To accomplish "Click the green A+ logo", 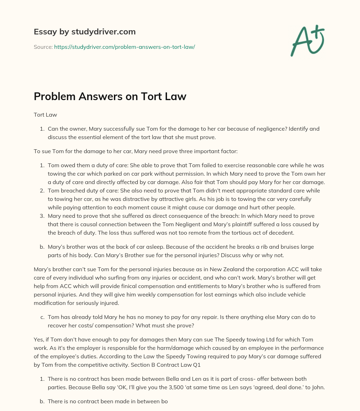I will pos(307,41).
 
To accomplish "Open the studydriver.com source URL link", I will pos(124,47).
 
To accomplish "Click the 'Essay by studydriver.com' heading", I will pos(85,32).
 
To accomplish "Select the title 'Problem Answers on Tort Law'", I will pos(110,97).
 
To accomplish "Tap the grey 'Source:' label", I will pos(43,47).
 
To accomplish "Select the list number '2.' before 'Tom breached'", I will pos(42,190).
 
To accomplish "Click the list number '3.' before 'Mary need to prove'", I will pos(42,216).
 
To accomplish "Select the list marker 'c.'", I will pos(42,317).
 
